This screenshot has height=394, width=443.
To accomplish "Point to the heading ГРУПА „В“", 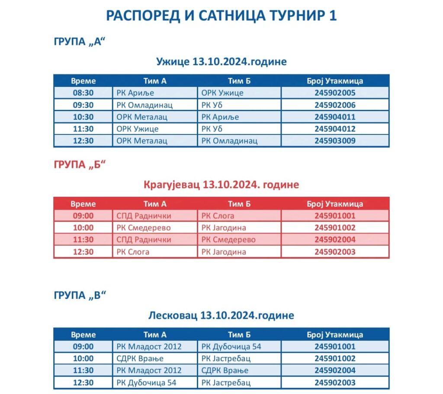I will pos(80,295).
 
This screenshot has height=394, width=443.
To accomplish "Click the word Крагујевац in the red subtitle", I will pos(172,185).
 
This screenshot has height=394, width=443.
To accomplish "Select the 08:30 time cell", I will pos(83,93).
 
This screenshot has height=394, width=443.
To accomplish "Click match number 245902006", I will pos(335,105).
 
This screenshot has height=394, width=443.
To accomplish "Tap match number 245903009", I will pos(335,141).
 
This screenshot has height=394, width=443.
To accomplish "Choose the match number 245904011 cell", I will pos(335,117).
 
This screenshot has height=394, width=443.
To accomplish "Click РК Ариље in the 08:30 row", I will pos(135,93).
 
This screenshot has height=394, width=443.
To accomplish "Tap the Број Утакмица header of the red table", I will pos(335,204).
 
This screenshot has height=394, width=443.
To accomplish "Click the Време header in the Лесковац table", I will pos(83,334).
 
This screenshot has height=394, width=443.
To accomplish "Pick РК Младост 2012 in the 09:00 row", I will pos(149,346).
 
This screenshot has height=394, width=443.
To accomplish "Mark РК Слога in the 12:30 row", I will pos(132,252).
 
